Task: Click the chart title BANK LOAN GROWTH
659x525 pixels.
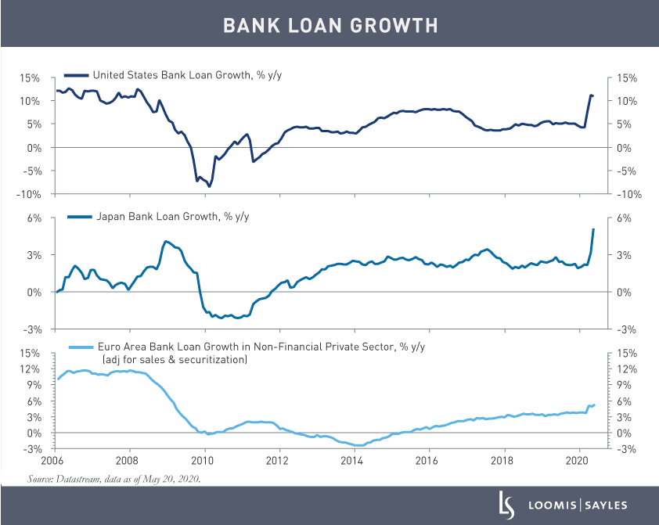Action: point(329,25)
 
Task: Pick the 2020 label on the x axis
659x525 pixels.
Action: point(578,461)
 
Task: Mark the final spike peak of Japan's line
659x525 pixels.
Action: point(593,228)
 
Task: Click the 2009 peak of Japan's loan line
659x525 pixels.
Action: point(166,241)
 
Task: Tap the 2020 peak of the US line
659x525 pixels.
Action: point(591,95)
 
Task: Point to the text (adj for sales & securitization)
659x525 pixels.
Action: point(173,359)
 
